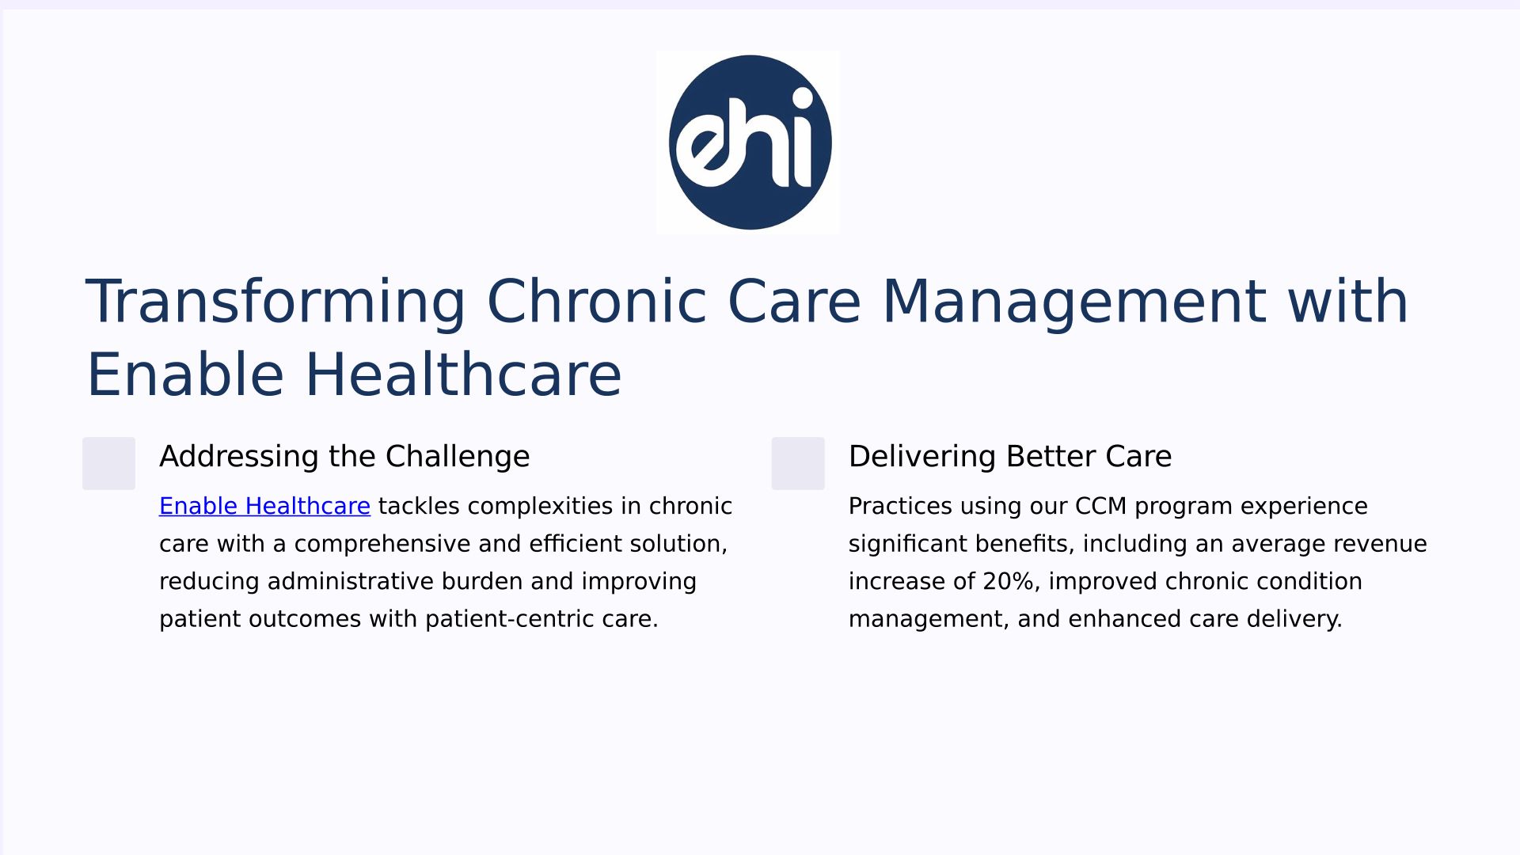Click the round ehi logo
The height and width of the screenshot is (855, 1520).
(x=750, y=142)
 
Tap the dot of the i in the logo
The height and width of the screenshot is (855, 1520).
(x=802, y=97)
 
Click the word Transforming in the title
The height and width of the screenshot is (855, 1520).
(x=275, y=302)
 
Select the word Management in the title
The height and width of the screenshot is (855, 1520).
(x=1074, y=302)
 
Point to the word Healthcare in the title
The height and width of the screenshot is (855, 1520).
(x=463, y=374)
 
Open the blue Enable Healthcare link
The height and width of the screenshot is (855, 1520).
(x=264, y=506)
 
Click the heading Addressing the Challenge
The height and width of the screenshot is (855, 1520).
(x=344, y=457)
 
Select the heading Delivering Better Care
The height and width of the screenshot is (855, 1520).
(x=1010, y=457)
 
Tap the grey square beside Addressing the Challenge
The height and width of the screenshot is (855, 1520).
(x=108, y=463)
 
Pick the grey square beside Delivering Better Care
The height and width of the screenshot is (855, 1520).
(x=798, y=463)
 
